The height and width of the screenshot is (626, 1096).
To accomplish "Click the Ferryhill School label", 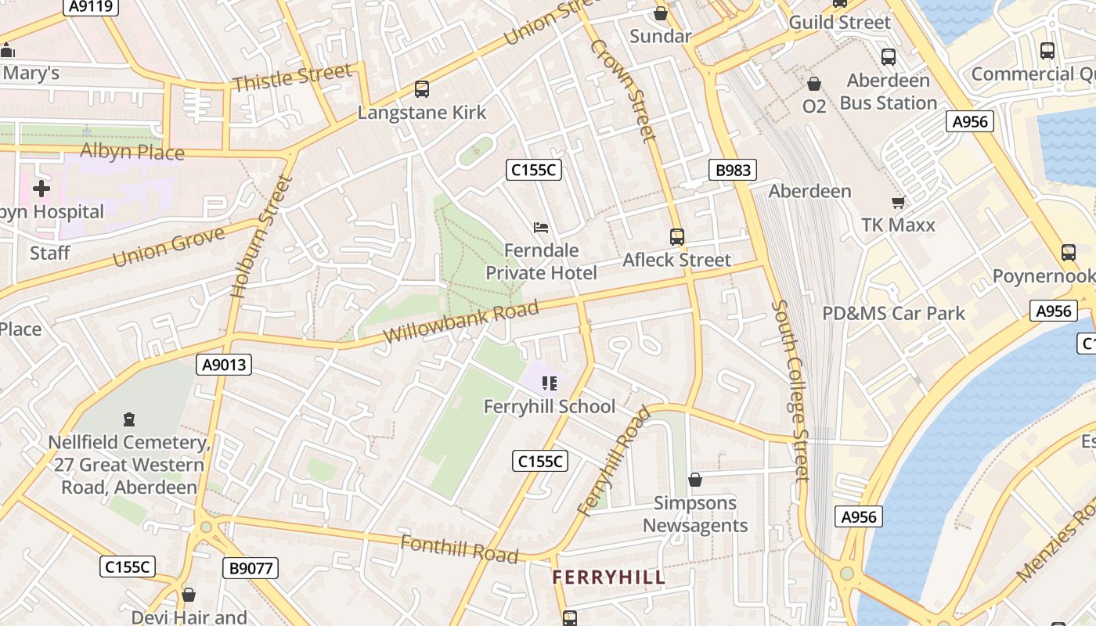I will coord(550,406).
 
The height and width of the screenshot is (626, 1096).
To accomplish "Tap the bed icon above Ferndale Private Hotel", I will coord(541,228).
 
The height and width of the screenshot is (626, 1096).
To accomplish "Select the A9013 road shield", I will coord(224,364).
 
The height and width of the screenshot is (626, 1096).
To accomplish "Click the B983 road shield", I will coord(733,170).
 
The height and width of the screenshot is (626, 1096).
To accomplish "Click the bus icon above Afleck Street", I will coord(677,236).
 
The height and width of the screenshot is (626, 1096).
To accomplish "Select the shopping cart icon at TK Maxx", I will coord(898,202).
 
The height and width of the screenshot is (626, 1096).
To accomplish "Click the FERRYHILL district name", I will coord(609,577).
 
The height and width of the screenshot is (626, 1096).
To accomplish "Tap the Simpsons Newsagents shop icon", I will coord(695,480).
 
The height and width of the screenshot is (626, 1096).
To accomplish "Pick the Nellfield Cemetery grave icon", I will coord(130,420).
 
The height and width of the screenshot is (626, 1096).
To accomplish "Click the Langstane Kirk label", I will coord(422,113).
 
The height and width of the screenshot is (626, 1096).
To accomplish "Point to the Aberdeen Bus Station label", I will coord(888,92).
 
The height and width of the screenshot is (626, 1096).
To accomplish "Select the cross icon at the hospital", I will coord(41,188).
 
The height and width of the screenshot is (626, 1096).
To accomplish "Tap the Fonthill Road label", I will coord(459,549).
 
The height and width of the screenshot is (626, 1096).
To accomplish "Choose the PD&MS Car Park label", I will coord(893,314).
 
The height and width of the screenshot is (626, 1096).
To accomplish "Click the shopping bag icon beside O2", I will coord(814,84).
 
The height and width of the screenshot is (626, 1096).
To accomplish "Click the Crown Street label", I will coord(622,90).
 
